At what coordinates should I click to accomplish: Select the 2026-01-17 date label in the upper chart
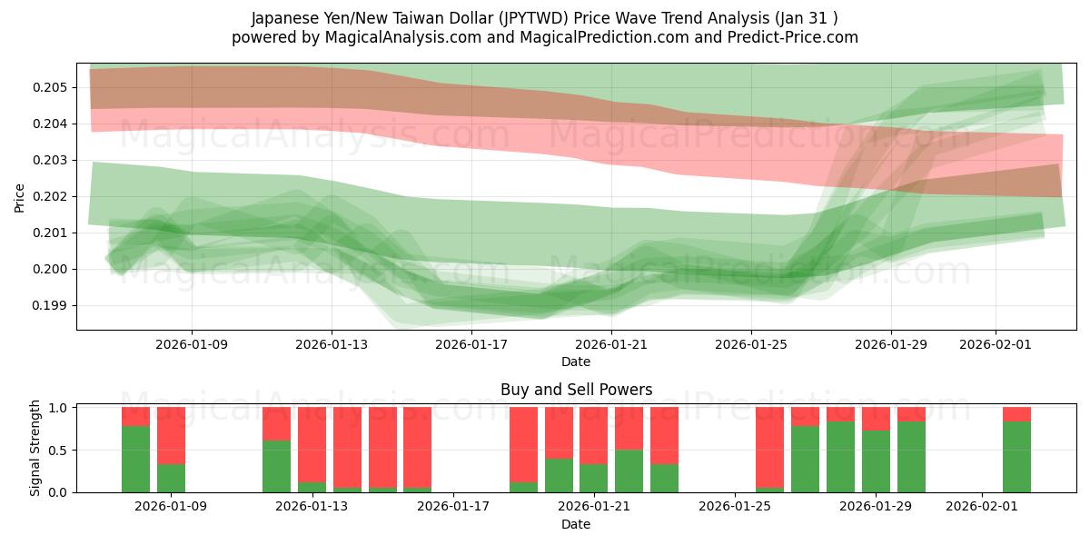[x=471, y=345]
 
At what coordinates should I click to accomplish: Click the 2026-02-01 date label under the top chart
[x=996, y=345]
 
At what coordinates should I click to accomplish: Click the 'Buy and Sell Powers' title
[x=576, y=391]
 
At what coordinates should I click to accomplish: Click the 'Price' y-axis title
[x=20, y=196]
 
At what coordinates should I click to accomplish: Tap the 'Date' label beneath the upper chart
[x=576, y=362]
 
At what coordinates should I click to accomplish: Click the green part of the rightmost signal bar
[x=1016, y=457]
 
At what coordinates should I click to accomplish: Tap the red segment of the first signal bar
[x=135, y=416]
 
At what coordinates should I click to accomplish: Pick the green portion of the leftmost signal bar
[x=135, y=460]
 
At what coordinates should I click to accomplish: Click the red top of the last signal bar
[x=1016, y=414]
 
